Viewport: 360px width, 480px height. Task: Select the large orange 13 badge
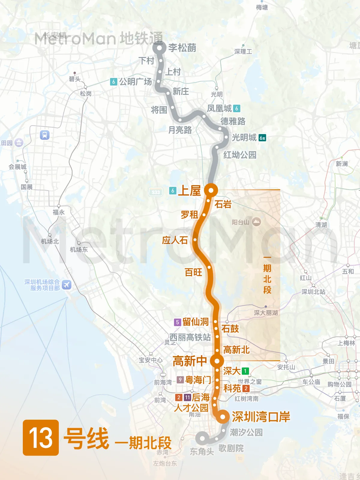(x=41, y=438)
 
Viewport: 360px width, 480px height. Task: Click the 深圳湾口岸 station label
(x=261, y=417)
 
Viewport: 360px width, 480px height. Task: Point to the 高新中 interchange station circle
(x=217, y=361)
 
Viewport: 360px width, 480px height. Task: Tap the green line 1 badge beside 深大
(x=245, y=371)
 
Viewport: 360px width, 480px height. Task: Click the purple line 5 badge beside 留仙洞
(x=177, y=322)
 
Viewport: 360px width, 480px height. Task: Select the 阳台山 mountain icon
(x=256, y=222)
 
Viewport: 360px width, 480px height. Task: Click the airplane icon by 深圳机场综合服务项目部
(x=67, y=285)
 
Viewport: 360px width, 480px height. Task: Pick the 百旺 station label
(x=193, y=272)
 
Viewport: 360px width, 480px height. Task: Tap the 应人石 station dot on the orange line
(x=195, y=240)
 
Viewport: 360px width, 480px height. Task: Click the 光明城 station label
(x=244, y=137)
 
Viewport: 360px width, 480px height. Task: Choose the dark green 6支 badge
(x=262, y=138)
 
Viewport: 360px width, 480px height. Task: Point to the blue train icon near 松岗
(x=45, y=135)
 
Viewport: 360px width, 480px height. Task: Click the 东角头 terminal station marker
(x=202, y=439)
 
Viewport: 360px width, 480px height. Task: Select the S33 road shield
(x=156, y=192)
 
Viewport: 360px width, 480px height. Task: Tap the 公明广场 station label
(x=136, y=82)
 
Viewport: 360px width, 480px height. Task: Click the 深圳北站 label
(x=313, y=292)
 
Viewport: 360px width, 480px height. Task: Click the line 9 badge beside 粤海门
(x=180, y=380)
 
